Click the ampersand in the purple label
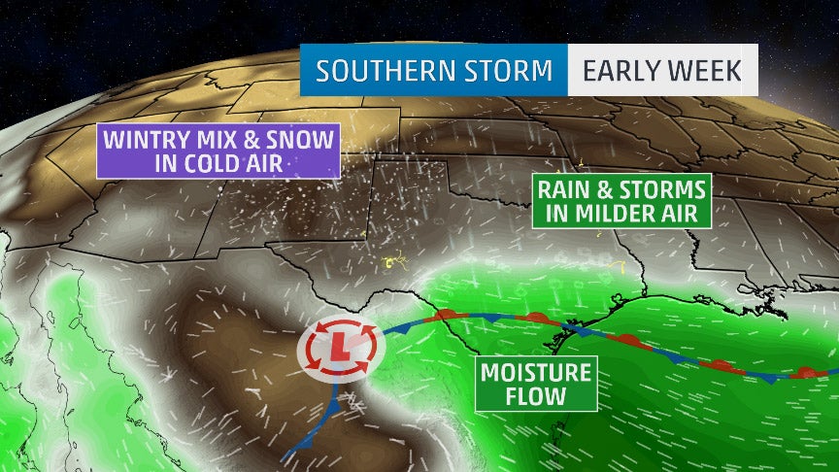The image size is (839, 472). click(x=252, y=141)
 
